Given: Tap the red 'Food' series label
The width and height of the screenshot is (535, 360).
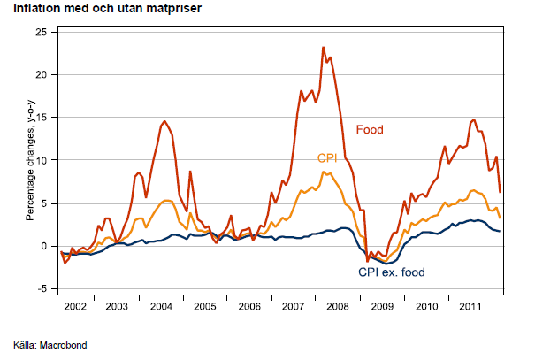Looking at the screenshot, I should (370, 130).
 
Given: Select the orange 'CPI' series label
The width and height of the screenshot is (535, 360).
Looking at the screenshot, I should (328, 157).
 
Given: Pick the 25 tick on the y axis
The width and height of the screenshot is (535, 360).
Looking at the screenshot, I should (41, 31).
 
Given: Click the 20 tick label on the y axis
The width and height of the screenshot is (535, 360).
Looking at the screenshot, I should (41, 74).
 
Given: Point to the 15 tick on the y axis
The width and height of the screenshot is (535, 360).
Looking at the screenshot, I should (41, 117).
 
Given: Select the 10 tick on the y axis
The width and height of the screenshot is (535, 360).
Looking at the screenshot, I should (41, 160).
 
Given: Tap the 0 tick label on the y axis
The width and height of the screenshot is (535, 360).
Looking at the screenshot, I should (43, 246).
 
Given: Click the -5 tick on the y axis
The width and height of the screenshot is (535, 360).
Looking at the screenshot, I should (41, 288).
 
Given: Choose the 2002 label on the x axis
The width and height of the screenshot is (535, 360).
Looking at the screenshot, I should (74, 305).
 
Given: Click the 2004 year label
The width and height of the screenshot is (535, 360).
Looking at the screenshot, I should (161, 305).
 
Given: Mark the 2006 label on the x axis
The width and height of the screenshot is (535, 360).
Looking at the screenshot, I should (248, 305).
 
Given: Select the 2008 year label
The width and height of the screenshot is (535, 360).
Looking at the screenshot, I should (336, 305).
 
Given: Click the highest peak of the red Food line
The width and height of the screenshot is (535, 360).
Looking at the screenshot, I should (324, 48).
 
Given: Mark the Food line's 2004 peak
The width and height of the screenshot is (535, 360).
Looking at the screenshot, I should (164, 121).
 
